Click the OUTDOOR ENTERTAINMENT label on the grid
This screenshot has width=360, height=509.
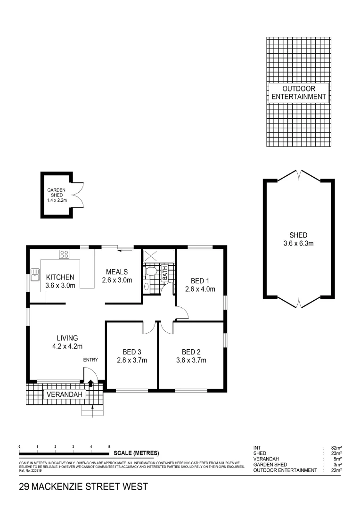pos(299,92)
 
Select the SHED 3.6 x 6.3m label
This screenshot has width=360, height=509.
pos(299,239)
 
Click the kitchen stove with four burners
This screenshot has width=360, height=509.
pos(64,254)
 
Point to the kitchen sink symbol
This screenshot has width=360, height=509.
pos(34,272)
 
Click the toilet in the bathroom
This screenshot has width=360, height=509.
pos(151,271)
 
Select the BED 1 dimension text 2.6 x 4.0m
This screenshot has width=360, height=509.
pos(199,289)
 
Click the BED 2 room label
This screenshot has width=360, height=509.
pos(191,352)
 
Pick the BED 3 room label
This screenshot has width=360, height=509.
pos(132,352)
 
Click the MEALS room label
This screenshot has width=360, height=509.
pos(117,271)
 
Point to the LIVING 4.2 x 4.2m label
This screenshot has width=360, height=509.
pos(67,342)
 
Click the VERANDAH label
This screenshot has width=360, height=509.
pos(65,394)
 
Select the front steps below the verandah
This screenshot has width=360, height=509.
pos(92,411)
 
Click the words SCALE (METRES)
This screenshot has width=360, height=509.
pos(137,453)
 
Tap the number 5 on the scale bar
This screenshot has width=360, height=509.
pos(109,446)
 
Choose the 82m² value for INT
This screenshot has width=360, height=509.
pos(335,448)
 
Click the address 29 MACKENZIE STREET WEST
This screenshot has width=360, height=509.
pos(83,486)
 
